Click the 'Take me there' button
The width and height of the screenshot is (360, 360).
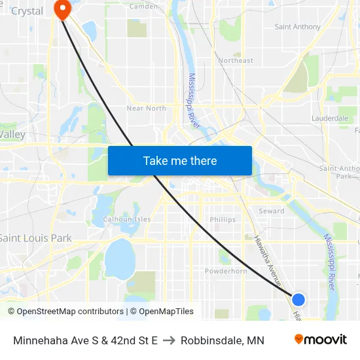[x=180, y=160]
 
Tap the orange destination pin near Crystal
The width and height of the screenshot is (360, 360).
[x=63, y=9]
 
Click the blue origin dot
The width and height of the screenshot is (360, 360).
[x=298, y=300]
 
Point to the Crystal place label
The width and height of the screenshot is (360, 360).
[x=27, y=11]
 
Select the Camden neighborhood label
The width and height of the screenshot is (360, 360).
[x=144, y=7]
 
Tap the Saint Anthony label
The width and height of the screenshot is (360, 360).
[x=298, y=27]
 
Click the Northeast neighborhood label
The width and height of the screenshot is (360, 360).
[x=236, y=60]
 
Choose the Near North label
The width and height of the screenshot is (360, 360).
[x=146, y=108]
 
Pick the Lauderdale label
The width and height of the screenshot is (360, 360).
[x=331, y=118]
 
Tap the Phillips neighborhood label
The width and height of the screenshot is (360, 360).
[x=223, y=220]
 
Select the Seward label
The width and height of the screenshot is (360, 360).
[x=271, y=211]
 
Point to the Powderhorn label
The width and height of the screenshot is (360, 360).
[x=226, y=271]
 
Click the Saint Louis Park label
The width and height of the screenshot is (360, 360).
[x=35, y=238]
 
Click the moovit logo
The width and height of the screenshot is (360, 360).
[x=321, y=339]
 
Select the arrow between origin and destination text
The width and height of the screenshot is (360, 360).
[x=169, y=340]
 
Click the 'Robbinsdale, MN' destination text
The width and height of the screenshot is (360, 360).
[x=223, y=340]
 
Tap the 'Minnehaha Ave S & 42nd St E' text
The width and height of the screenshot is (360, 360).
[x=85, y=340]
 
